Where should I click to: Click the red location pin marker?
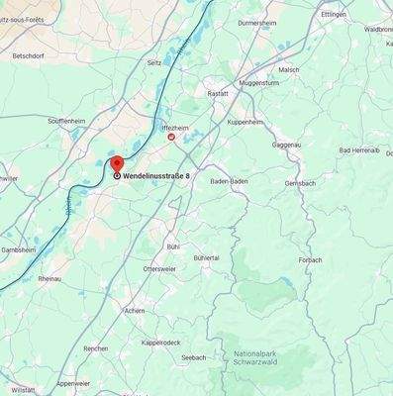point(116,164)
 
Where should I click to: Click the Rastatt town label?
point(217,93)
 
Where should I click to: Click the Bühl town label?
point(173,245)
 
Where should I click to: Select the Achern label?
point(135,310)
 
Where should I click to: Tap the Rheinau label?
point(49,279)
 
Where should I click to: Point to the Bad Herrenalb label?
point(359,149)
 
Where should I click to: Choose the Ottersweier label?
point(159,268)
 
